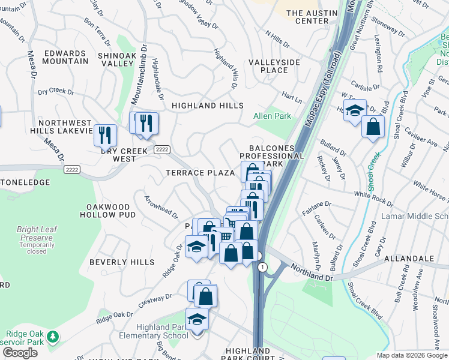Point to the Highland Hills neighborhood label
point(208,106)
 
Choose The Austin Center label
point(307,17)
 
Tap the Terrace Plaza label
point(200,173)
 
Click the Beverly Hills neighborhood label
point(122,262)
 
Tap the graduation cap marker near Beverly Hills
point(196,246)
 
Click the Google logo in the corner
point(20,353)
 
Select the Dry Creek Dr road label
point(55,92)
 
